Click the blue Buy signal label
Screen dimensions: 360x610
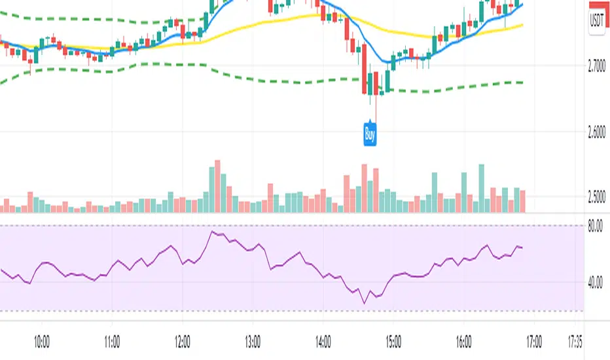pyautogui.click(x=370, y=135)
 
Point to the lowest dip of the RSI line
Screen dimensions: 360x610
pyautogui.click(x=364, y=303)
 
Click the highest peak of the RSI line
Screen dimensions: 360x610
pyautogui.click(x=212, y=232)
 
